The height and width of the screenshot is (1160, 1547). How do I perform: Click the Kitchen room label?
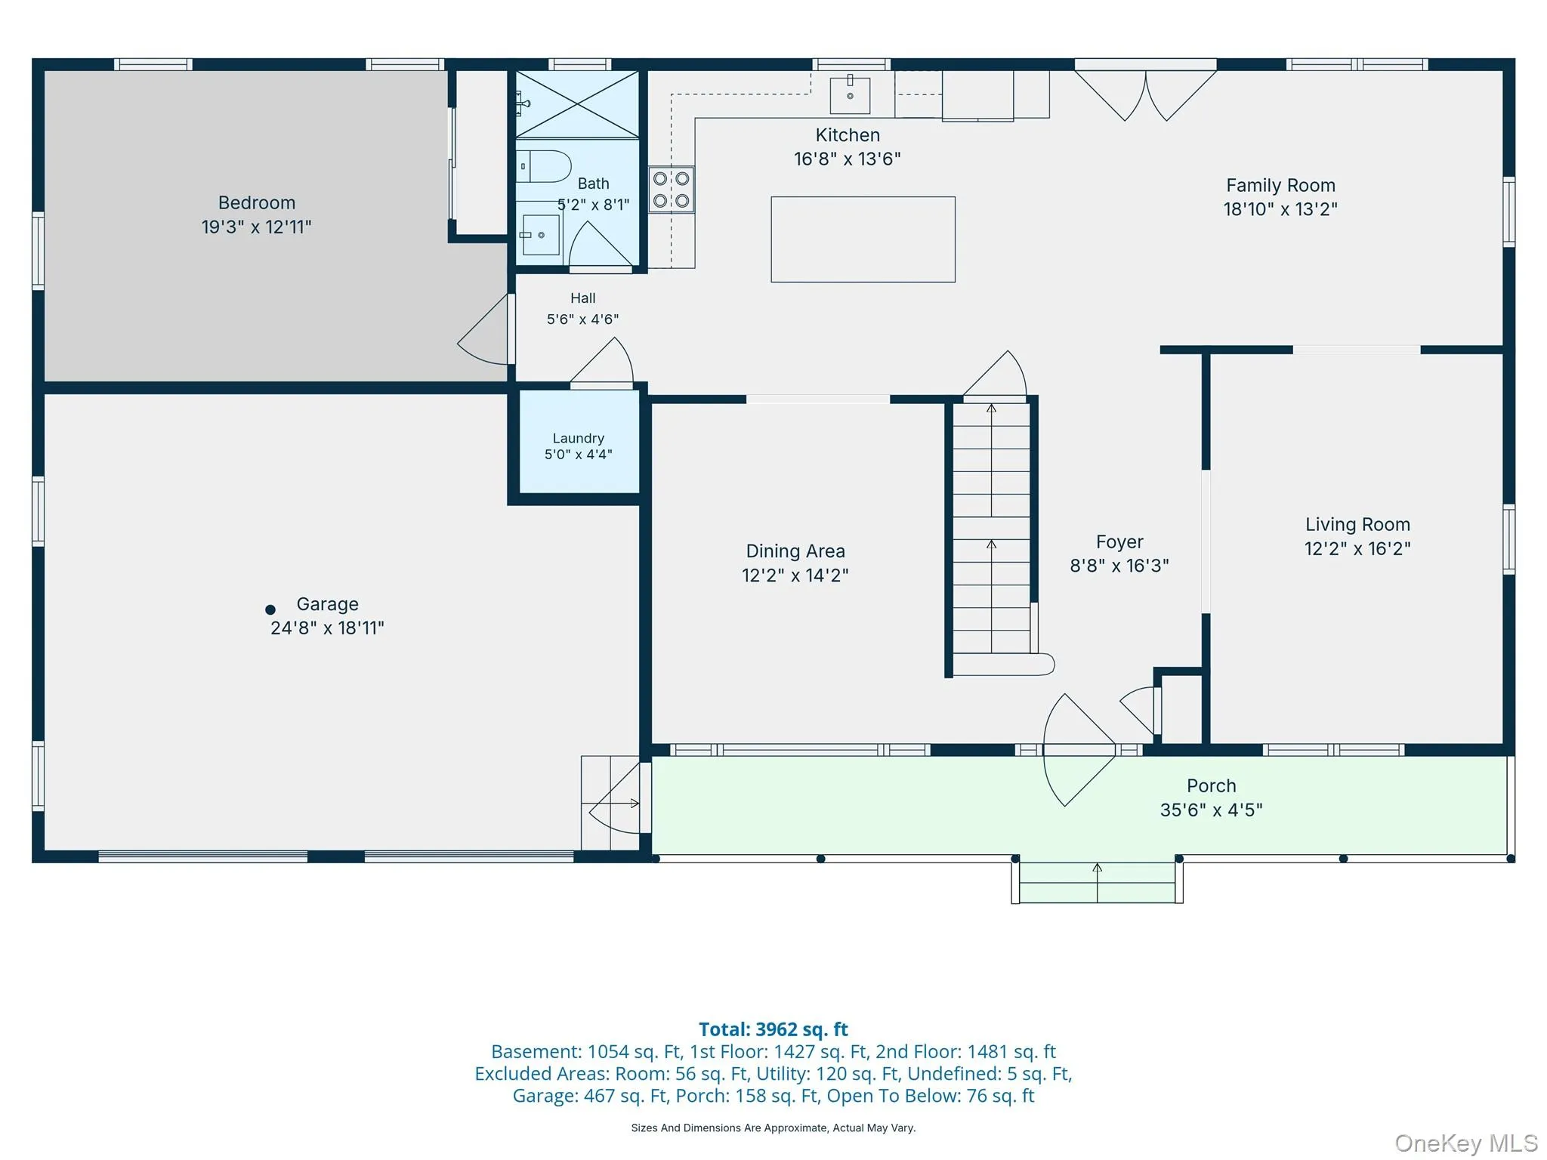pyautogui.click(x=848, y=135)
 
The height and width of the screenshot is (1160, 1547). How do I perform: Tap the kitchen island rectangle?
pyautogui.click(x=863, y=239)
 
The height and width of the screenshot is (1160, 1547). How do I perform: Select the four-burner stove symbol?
pyautogui.click(x=671, y=190)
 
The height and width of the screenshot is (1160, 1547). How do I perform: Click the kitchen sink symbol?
pyautogui.click(x=850, y=94)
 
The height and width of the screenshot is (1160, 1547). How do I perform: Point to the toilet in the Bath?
pyautogui.click(x=543, y=166)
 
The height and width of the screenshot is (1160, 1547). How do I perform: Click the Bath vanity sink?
pyautogui.click(x=540, y=234)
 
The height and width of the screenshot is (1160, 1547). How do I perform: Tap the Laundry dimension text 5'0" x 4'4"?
pyautogui.click(x=579, y=455)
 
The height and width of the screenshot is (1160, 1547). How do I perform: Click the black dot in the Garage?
pyautogui.click(x=270, y=609)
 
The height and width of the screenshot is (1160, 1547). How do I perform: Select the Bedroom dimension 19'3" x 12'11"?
pyautogui.click(x=256, y=227)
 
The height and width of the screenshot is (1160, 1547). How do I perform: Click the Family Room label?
pyautogui.click(x=1280, y=185)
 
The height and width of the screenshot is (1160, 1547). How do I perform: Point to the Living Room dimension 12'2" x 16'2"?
pyautogui.click(x=1357, y=548)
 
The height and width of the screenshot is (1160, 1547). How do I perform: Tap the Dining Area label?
pyautogui.click(x=795, y=551)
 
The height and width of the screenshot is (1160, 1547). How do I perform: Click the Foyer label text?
pyautogui.click(x=1119, y=542)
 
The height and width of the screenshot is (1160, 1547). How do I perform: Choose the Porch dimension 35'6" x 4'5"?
pyautogui.click(x=1211, y=810)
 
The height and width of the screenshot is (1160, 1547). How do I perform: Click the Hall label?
pyautogui.click(x=583, y=298)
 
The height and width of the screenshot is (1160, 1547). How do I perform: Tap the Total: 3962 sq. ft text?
pyautogui.click(x=773, y=1029)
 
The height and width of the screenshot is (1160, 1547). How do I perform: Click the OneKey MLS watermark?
pyautogui.click(x=1466, y=1143)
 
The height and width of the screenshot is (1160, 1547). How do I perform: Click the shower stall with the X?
pyautogui.click(x=577, y=104)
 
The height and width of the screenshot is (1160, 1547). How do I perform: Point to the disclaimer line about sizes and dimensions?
pyautogui.click(x=773, y=1128)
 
